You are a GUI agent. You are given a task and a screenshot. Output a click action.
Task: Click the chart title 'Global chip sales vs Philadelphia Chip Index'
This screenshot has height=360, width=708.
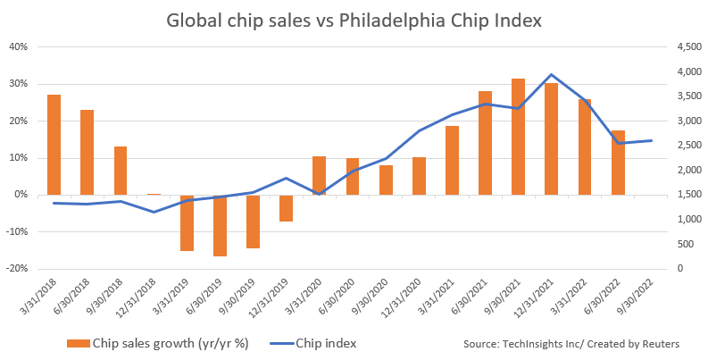coord(354,20)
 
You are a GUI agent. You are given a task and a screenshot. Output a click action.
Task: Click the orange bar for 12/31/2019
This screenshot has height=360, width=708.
coord(286,208)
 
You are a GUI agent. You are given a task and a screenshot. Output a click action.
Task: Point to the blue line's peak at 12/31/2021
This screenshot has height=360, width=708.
coord(552,75)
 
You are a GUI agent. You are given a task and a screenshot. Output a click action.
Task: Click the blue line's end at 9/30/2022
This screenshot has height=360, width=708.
coord(651,140)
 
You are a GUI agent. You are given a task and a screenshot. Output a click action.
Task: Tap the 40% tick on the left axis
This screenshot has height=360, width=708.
coord(19,46)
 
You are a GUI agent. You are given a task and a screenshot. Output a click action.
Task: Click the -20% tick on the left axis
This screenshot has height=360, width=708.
coord(17,268)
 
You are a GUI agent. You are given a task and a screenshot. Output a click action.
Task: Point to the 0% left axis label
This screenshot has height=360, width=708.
coord(21,195)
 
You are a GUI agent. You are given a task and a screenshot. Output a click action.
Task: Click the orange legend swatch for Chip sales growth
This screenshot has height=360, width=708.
coord(81,343)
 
